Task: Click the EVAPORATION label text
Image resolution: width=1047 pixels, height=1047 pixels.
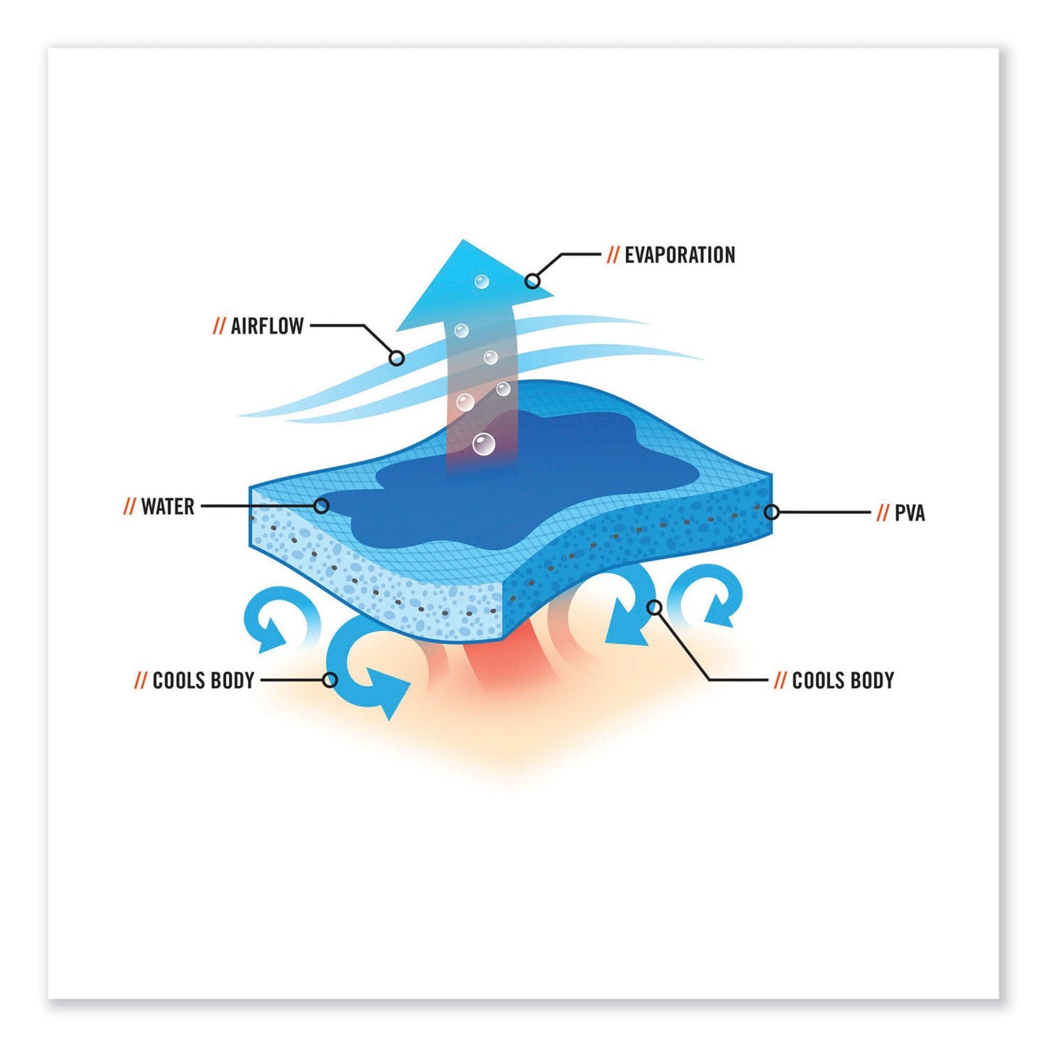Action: tap(679, 255)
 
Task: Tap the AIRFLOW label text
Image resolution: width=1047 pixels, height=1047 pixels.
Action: tap(267, 326)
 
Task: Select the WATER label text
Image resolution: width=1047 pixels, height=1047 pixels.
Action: tap(167, 506)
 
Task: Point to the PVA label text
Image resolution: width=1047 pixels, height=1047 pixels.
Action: tap(909, 514)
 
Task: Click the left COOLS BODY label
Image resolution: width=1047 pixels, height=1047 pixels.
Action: tap(203, 680)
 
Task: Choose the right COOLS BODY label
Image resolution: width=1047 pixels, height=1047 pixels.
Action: tap(843, 680)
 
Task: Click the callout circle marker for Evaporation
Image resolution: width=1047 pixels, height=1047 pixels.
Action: tap(533, 280)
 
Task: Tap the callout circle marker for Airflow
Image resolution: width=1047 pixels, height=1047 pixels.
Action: tap(396, 358)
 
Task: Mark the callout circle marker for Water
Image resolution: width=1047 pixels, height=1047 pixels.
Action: tap(322, 506)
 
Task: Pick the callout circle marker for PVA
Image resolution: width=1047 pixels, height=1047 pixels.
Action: tap(772, 512)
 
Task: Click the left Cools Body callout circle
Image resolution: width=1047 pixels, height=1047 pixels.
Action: tap(330, 680)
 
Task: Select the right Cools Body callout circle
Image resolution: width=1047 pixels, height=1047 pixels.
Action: tap(654, 607)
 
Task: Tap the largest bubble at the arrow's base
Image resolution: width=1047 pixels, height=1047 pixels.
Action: tap(483, 443)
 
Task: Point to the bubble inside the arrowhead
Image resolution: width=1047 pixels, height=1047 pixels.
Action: tap(482, 281)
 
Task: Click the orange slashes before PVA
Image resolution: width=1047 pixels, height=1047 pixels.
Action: tap(882, 514)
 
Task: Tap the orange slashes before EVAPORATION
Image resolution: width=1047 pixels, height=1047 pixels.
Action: tap(613, 255)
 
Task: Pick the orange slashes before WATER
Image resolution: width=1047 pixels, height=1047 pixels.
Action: tap(129, 506)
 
